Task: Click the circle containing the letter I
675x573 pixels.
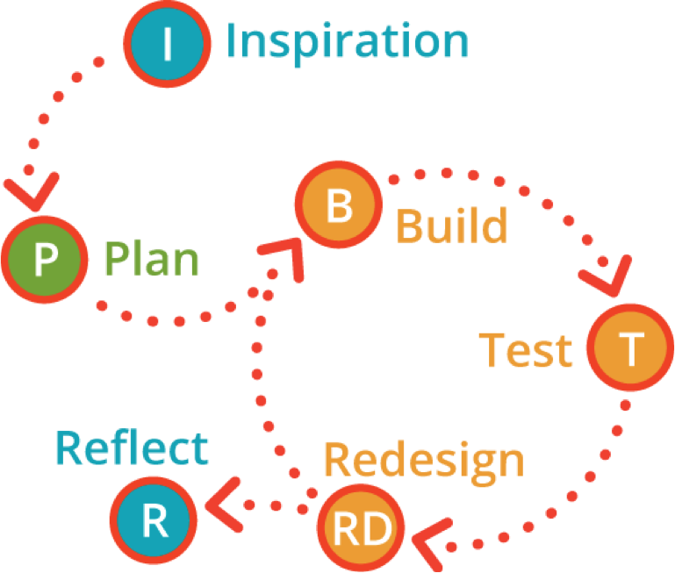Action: [x=167, y=42]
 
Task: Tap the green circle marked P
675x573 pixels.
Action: [x=46, y=259]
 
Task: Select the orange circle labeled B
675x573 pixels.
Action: [x=339, y=208]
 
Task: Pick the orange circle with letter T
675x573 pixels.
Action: [x=631, y=349]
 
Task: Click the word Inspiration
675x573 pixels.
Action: [x=348, y=41]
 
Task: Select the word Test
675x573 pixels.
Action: [x=526, y=350]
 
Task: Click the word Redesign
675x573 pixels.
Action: [x=424, y=460]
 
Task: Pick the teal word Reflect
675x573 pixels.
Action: [x=133, y=448]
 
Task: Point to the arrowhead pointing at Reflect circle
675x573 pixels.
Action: [x=224, y=500]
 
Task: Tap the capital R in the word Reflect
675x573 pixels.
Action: [x=70, y=448]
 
